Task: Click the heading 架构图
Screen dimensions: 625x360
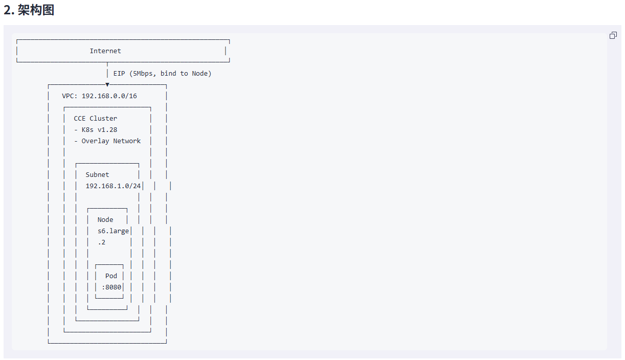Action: click(36, 10)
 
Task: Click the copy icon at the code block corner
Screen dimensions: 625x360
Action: click(613, 35)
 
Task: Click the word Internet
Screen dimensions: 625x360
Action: click(105, 51)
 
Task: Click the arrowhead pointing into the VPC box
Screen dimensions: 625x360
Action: click(107, 84)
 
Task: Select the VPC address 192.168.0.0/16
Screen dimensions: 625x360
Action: click(109, 96)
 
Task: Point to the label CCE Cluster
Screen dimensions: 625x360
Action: click(96, 118)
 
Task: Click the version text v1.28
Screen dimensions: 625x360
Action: click(107, 130)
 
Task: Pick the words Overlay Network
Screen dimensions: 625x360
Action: click(111, 141)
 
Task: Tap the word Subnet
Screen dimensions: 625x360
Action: click(97, 175)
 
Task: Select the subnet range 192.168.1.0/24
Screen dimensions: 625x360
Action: click(113, 186)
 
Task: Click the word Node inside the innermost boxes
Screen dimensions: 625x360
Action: click(105, 219)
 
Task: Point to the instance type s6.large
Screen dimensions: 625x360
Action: click(113, 231)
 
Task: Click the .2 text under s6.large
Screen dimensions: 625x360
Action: click(101, 242)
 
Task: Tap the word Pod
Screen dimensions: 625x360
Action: click(111, 276)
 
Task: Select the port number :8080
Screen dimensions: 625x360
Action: click(111, 287)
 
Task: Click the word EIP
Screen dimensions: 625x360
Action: click(119, 74)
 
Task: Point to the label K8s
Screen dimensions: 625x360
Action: click(87, 130)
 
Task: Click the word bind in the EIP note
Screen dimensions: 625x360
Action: click(168, 74)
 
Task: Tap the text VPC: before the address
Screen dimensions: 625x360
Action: click(70, 96)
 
